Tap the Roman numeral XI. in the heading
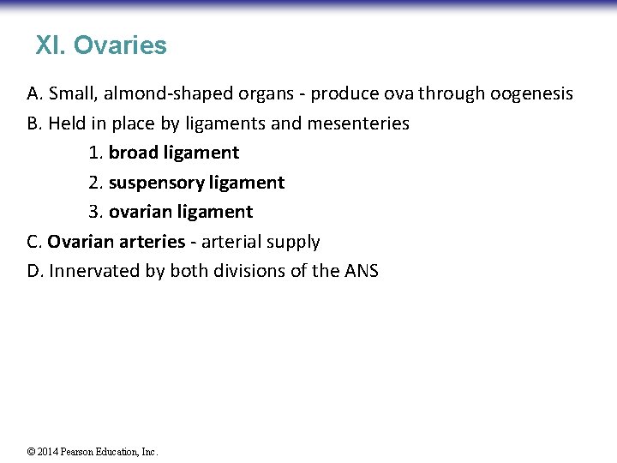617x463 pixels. tap(51, 45)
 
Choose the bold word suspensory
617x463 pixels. tap(157, 183)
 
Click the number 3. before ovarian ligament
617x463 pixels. tap(95, 212)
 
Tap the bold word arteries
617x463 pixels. tap(151, 242)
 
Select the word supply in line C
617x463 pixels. tap(293, 242)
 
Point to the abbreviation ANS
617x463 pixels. tap(361, 271)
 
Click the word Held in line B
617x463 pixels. tap(67, 123)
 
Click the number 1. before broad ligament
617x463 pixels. tap(95, 153)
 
